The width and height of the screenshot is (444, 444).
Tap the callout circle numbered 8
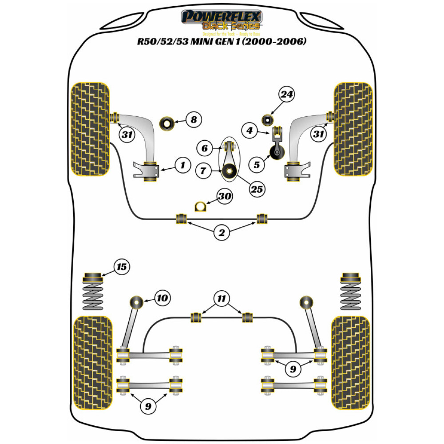click(x=194, y=120)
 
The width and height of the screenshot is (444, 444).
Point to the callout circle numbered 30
click(x=225, y=196)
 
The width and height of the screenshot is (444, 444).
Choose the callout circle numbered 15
click(x=122, y=267)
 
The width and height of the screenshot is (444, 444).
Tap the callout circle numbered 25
click(x=257, y=190)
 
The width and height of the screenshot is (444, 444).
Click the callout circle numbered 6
click(x=205, y=148)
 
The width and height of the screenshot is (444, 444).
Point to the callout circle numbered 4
click(x=250, y=131)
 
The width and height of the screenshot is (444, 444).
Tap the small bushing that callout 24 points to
click(x=267, y=119)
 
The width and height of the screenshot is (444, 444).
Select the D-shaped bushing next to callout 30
click(x=201, y=206)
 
